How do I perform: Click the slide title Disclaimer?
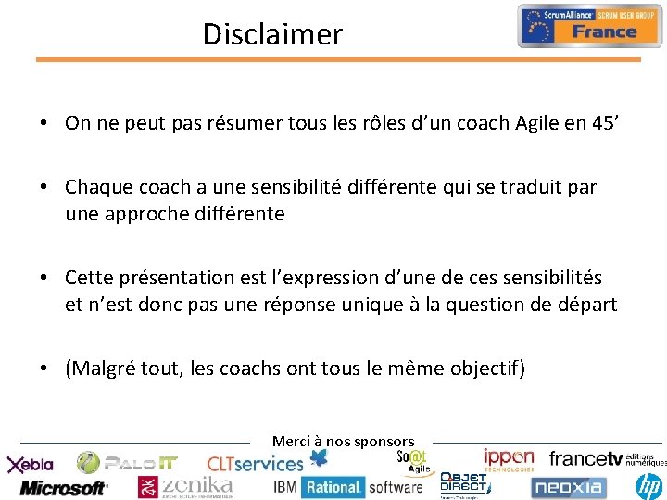coord(272,34)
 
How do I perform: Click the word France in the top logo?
coord(604,32)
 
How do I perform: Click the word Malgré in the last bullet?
coord(104,369)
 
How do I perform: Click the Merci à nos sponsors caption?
coord(343,442)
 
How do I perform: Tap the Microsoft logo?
coord(63,487)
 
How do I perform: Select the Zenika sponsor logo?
coord(185,486)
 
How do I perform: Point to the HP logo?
coord(648,484)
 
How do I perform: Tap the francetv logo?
coord(585,459)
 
